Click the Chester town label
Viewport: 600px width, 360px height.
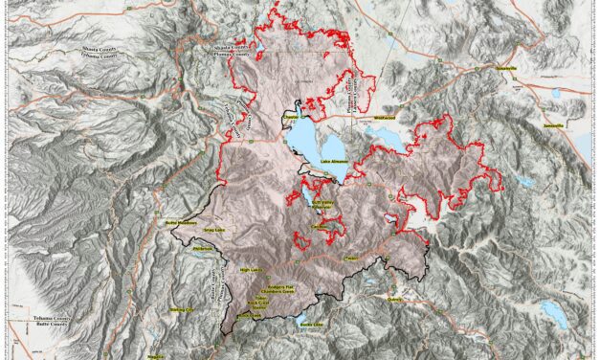pyautogui.click(x=292, y=120)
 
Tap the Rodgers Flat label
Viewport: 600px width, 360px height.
pyautogui.click(x=282, y=284)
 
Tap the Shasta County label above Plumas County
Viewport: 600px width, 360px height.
pyautogui.click(x=233, y=45)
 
